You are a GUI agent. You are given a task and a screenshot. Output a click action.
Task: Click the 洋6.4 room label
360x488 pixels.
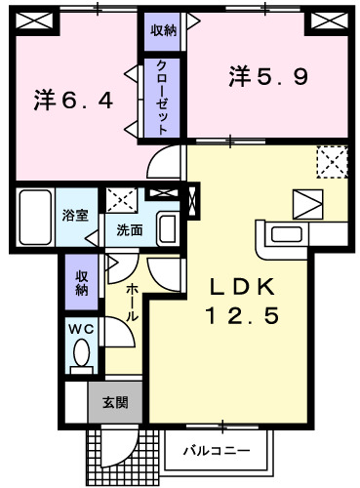73,101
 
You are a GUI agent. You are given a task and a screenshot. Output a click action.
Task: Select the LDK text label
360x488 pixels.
242,287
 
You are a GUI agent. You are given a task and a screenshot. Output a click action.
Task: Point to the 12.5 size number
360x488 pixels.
242,316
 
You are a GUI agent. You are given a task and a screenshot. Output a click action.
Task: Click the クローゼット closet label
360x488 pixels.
162,98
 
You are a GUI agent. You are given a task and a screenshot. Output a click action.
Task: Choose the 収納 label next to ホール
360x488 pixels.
82,283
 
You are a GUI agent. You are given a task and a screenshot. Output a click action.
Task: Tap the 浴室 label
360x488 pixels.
75,216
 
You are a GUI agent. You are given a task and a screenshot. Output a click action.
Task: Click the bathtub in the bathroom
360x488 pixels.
35,217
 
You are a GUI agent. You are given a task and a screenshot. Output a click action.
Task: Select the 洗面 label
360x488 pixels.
130,230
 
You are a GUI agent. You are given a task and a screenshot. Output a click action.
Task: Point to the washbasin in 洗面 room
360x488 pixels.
167,228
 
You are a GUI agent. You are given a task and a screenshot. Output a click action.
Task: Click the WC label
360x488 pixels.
81,329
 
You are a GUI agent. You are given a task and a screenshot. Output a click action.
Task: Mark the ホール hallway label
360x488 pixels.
132,303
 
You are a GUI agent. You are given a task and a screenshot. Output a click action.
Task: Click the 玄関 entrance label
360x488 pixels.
115,403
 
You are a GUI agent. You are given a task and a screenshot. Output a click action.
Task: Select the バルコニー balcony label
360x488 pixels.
217,451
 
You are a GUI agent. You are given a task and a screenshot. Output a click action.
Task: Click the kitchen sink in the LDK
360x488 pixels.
287,234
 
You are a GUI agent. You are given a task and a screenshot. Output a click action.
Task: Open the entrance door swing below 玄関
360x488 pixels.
120,447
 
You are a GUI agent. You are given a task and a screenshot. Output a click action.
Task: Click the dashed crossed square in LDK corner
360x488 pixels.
332,162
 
